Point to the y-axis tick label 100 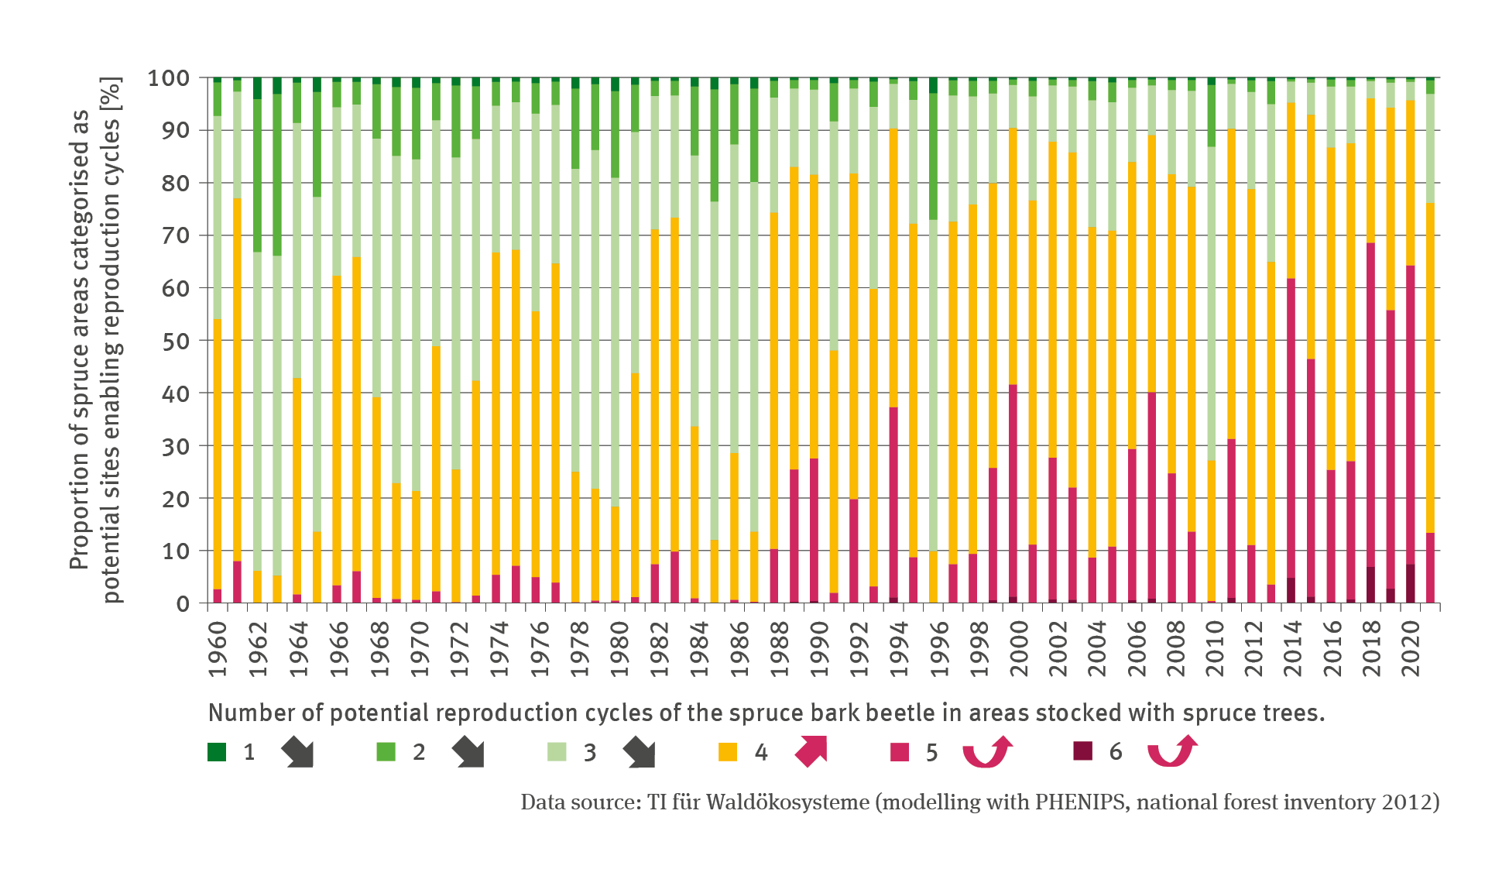pyautogui.click(x=168, y=78)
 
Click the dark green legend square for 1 pyautogui.click(x=217, y=752)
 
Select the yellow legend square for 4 pyautogui.click(x=728, y=752)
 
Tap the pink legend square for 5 pyautogui.click(x=900, y=752)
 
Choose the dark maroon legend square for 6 pyautogui.click(x=1082, y=751)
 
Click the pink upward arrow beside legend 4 pyautogui.click(x=811, y=752)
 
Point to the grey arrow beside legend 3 pyautogui.click(x=640, y=752)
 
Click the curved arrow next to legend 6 pyautogui.click(x=1171, y=752)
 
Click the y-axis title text pyautogui.click(x=96, y=340)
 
